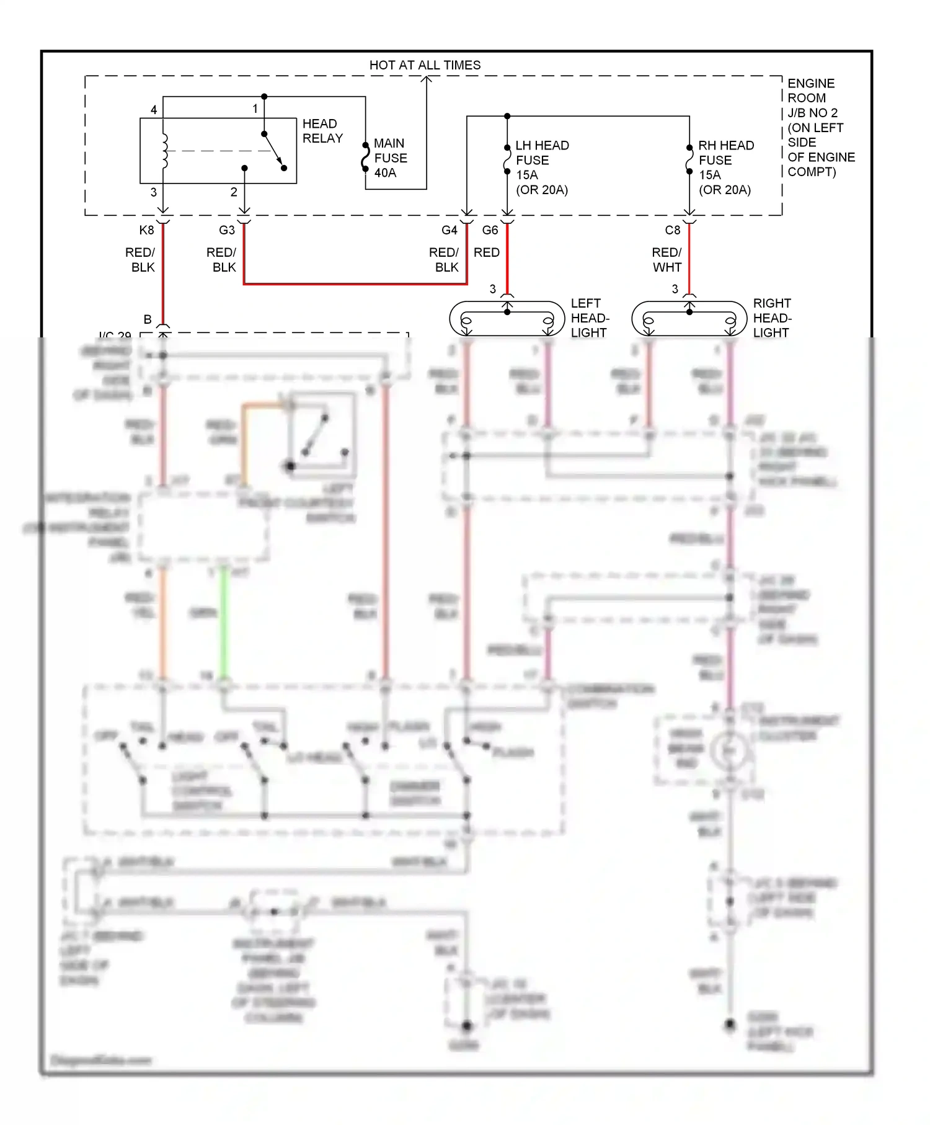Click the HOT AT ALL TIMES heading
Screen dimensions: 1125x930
click(425, 65)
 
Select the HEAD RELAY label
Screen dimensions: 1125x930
click(322, 131)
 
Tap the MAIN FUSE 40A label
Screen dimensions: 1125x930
click(390, 158)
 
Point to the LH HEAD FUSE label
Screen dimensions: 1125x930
click(542, 167)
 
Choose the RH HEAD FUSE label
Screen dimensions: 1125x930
click(725, 167)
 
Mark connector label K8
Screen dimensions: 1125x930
click(146, 230)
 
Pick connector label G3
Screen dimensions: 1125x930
click(227, 230)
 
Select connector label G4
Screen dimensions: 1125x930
click(449, 230)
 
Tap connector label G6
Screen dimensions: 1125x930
click(490, 230)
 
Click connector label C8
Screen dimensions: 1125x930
click(673, 230)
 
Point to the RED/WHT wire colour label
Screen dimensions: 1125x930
click(666, 260)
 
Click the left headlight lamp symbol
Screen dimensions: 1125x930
click(507, 319)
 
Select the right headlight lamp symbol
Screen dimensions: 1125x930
click(689, 319)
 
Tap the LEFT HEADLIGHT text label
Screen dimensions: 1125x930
click(590, 318)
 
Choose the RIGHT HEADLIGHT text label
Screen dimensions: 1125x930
click(772, 318)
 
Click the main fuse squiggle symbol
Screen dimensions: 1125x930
click(366, 158)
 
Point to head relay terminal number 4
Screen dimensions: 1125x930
click(154, 110)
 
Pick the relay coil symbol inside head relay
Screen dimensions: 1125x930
click(164, 151)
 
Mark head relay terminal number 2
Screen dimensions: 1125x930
click(234, 192)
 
